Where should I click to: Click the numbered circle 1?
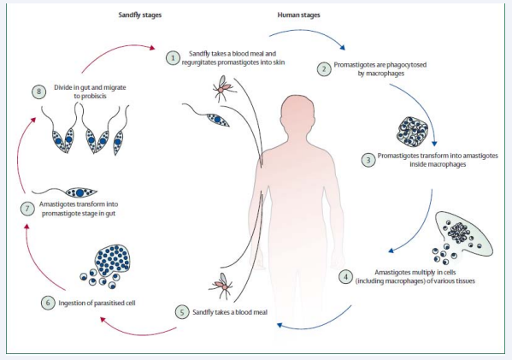(173, 58)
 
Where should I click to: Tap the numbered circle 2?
(324, 69)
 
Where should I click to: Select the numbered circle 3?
(368, 160)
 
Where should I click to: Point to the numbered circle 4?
(346, 277)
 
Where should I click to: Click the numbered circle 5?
(182, 312)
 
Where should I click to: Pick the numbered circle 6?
(48, 303)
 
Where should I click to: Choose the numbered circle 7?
(27, 209)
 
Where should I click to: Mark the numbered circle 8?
(38, 91)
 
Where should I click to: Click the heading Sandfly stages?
(140, 15)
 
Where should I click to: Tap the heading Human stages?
(298, 15)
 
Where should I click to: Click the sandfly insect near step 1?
(223, 88)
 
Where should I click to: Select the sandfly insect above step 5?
(222, 286)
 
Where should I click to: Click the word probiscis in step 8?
(90, 96)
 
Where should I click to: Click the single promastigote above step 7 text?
(65, 192)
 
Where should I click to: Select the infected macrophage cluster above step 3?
(412, 131)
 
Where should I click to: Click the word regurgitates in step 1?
(199, 62)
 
